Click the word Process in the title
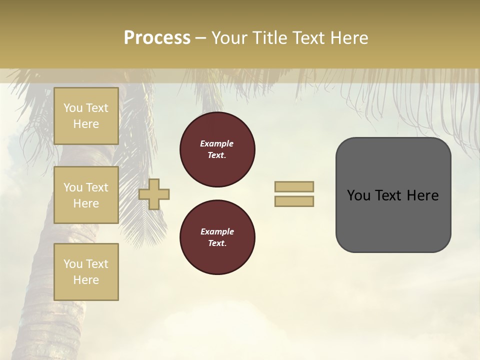(157, 38)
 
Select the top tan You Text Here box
(86, 116)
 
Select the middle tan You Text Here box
(86, 195)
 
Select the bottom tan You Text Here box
(86, 272)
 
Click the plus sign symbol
(154, 194)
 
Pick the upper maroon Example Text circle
(217, 149)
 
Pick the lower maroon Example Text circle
(217, 237)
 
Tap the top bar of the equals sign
(294, 187)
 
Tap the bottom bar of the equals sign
(294, 201)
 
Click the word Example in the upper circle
(216, 143)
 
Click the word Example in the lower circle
(217, 231)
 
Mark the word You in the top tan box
(73, 108)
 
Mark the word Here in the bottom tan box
(86, 280)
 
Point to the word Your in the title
(229, 38)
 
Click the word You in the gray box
(359, 195)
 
